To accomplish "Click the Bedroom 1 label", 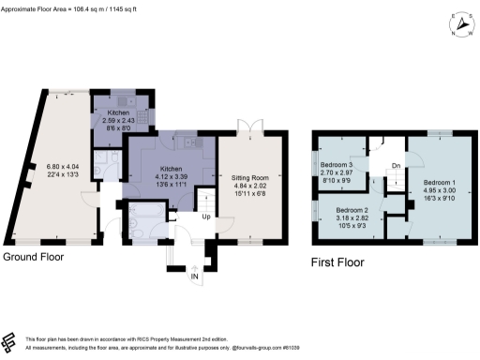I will pyautogui.click(x=440, y=181).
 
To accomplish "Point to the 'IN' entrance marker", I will pyautogui.click(x=195, y=277).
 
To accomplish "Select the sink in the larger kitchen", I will pyautogui.click(x=188, y=143).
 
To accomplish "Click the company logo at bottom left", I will pyautogui.click(x=10, y=342).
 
